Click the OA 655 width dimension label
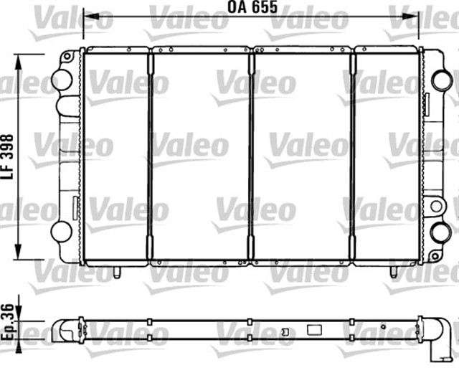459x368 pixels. click(252, 8)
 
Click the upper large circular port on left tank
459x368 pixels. click(62, 80)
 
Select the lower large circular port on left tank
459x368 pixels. click(62, 231)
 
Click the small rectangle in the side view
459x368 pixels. click(314, 331)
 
